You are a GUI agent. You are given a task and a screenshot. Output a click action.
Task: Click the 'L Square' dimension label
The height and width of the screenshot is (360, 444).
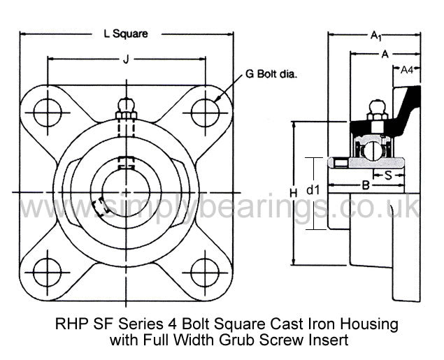click(x=126, y=34)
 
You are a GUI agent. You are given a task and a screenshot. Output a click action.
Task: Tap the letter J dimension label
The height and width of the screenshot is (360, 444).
click(x=126, y=59)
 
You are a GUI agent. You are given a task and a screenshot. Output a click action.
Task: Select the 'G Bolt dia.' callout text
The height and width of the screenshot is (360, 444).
click(x=271, y=74)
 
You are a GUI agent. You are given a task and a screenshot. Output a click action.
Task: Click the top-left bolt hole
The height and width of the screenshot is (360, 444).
click(x=48, y=113)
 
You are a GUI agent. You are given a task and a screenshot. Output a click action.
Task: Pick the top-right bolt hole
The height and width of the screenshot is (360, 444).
click(x=205, y=113)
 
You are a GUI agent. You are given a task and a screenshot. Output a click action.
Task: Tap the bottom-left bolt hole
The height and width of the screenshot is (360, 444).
click(x=48, y=273)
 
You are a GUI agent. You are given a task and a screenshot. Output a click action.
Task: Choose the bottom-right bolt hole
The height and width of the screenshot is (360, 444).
click(x=205, y=273)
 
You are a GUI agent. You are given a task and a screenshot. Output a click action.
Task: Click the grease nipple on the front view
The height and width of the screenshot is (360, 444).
click(x=127, y=108)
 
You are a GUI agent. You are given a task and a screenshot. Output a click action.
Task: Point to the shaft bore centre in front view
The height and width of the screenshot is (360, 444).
click(x=126, y=193)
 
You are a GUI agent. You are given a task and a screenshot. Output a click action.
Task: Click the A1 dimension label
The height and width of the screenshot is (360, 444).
click(x=376, y=36)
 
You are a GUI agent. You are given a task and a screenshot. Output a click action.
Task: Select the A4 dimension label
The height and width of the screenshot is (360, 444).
click(x=407, y=70)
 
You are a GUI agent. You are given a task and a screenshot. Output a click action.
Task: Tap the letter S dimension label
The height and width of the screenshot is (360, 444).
click(x=388, y=175)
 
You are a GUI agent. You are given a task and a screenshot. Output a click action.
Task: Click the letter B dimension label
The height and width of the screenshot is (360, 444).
click(x=366, y=186)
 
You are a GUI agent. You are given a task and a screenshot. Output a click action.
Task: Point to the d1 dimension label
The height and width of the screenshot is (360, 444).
click(x=313, y=190)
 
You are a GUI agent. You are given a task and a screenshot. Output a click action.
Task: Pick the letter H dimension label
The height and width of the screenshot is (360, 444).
click(x=294, y=194)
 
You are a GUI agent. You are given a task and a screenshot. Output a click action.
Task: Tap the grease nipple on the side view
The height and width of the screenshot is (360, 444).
click(x=377, y=110)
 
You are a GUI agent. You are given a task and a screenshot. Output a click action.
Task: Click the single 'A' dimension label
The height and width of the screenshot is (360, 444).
click(x=385, y=55)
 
